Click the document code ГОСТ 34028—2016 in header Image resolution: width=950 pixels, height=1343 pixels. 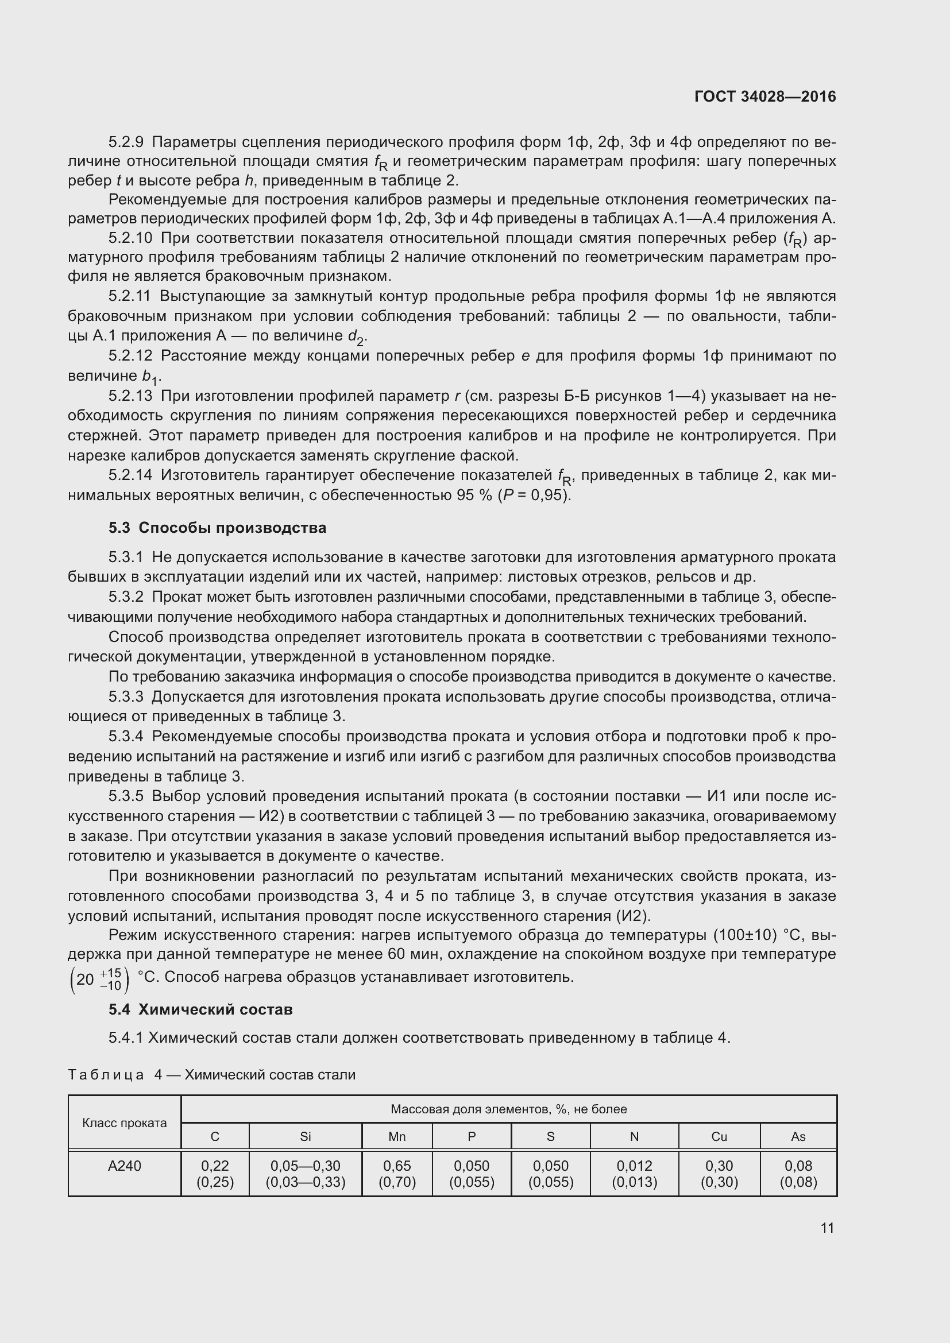[764, 96]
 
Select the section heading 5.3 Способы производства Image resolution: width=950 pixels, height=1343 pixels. [217, 528]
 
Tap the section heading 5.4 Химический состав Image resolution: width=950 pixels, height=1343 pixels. [200, 1009]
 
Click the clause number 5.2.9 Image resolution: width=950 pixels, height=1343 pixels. [126, 142]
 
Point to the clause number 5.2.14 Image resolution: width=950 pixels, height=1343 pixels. [130, 475]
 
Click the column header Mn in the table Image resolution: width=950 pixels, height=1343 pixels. [397, 1136]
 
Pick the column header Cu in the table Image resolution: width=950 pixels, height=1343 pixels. [719, 1136]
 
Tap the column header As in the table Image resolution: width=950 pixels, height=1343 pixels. [798, 1136]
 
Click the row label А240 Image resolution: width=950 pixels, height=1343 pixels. [125, 1166]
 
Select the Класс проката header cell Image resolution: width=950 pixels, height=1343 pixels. [125, 1123]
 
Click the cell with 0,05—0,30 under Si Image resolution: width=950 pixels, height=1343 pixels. [306, 1166]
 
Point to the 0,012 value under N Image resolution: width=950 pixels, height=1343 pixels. [634, 1166]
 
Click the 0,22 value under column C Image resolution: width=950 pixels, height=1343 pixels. [215, 1166]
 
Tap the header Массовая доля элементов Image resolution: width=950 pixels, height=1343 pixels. [508, 1110]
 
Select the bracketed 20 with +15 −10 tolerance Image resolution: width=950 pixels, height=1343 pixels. [99, 978]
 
